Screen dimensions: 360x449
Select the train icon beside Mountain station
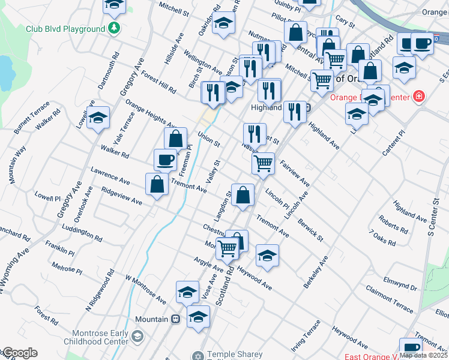176,319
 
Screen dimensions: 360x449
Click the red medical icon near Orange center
418,97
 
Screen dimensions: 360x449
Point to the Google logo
19,353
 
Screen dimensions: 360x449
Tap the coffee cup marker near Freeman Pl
165,160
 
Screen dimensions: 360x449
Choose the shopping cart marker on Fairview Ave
263,163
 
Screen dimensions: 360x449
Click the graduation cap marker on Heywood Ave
267,255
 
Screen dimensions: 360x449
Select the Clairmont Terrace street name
390,301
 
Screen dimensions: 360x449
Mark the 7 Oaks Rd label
382,238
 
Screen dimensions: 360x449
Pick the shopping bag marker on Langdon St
243,195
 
